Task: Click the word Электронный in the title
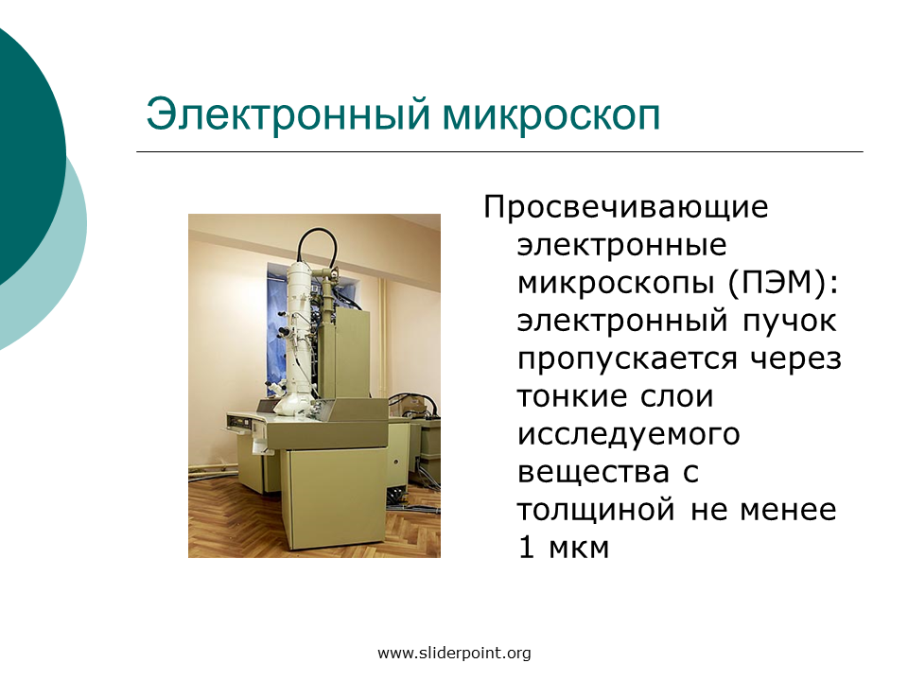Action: pos(288,114)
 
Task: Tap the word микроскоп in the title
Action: pos(551,115)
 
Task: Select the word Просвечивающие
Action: pos(626,207)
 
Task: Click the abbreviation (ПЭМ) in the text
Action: pos(783,283)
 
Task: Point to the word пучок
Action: pos(790,322)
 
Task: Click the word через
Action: pos(795,359)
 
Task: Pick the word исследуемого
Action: pos(629,435)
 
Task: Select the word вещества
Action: pos(594,473)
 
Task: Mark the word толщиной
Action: pos(596,511)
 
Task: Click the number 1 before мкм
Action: pos(526,548)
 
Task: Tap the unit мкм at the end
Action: pos(579,549)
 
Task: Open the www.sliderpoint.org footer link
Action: pos(454,654)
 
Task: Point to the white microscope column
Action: pos(296,336)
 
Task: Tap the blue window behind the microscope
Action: pos(277,325)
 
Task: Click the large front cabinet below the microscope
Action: pos(336,499)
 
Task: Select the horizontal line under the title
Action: pos(499,151)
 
